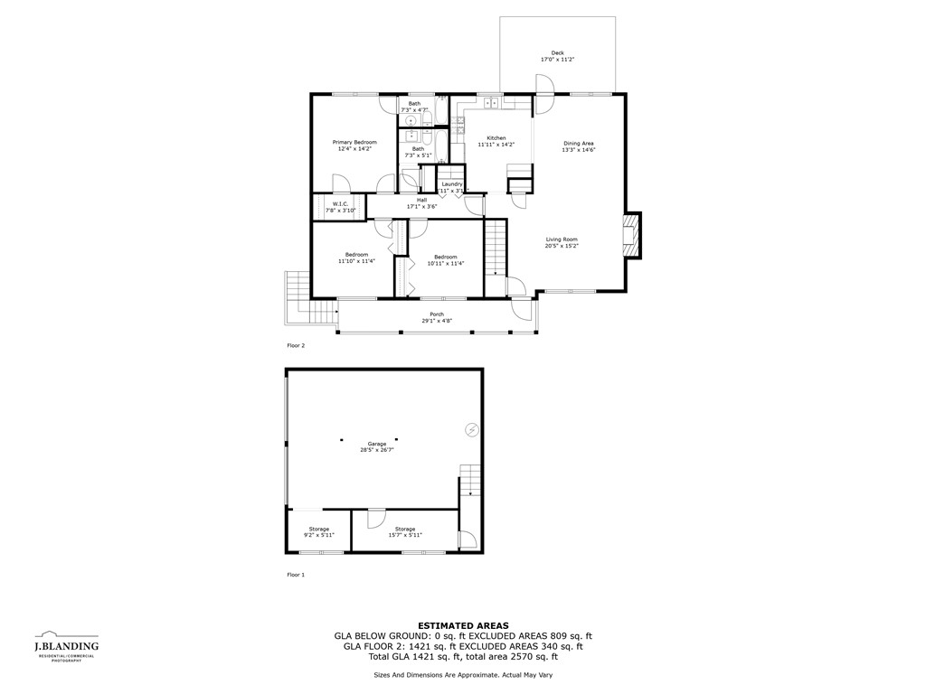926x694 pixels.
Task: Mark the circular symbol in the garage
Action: (470, 430)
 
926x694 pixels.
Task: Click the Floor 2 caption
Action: (296, 345)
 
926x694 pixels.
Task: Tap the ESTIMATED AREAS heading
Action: (463, 625)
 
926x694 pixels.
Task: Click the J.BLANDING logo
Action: (66, 646)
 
